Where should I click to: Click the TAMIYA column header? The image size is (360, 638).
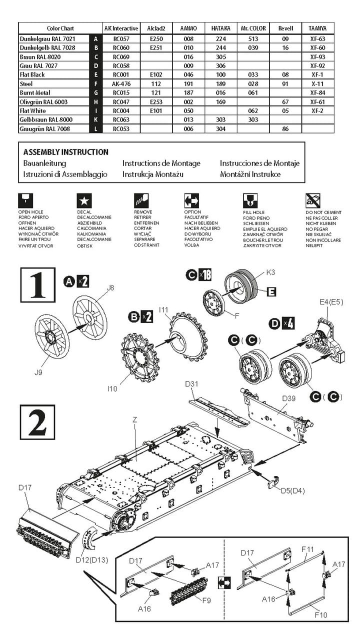317,28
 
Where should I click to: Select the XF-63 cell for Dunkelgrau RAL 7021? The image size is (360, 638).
317,38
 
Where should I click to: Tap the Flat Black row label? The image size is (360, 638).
32,74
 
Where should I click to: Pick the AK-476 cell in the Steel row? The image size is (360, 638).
121,83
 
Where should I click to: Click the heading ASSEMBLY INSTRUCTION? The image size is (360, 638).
65,152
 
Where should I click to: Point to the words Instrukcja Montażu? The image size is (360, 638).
153,174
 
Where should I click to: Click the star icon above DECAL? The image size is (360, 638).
84,201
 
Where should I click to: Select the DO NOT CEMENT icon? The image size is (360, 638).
313,201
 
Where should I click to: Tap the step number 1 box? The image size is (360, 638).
37,283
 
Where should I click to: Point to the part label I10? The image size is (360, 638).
112,388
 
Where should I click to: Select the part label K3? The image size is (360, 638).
270,272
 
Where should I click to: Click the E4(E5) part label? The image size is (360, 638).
330,302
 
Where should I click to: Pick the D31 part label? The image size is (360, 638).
192,383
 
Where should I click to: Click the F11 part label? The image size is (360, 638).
307,549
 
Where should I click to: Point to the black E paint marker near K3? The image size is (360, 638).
271,291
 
